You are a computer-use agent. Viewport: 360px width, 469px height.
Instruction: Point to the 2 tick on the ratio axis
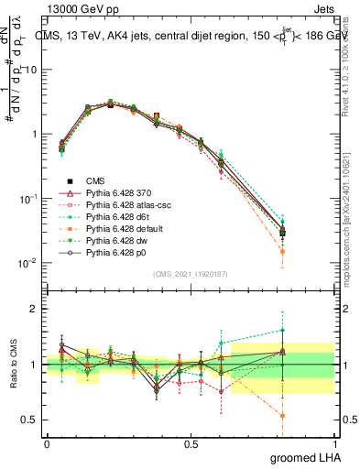click(33, 310)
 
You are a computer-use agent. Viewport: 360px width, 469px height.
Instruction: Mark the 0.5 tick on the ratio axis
click(28, 420)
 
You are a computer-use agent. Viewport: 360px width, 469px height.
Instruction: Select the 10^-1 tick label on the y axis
click(27, 199)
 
